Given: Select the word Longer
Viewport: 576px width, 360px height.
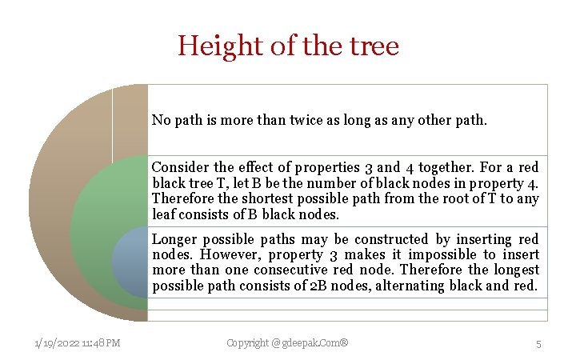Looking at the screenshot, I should (x=174, y=239).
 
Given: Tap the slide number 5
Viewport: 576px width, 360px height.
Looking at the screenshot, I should (x=538, y=343).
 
